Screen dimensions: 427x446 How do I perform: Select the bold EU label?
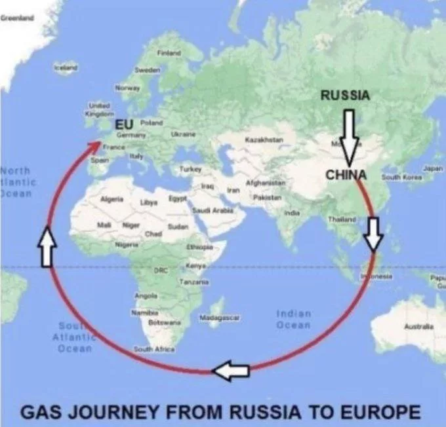124,124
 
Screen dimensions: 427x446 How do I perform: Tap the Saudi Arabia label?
209,210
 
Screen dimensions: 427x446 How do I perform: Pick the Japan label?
434,169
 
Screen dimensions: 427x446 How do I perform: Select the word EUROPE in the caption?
378,413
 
